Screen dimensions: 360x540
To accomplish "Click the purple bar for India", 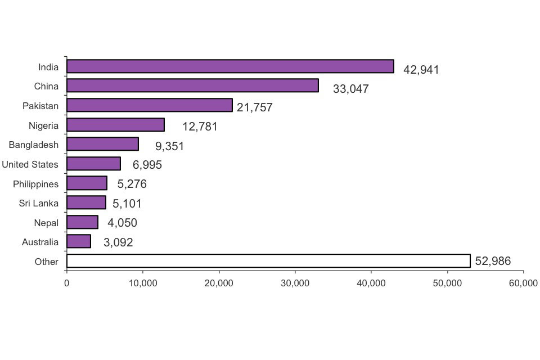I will (230, 66).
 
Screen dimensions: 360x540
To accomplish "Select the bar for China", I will (192, 85).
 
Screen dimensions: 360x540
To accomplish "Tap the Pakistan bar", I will (149, 105).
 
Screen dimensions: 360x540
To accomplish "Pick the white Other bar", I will (268, 261).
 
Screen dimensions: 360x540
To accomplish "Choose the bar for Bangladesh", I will (102, 144).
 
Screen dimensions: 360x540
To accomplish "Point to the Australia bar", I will (79, 241).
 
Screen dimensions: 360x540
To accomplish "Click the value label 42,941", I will (421, 70).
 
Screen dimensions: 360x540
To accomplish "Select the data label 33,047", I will (350, 89).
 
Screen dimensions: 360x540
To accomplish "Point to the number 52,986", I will (493, 261).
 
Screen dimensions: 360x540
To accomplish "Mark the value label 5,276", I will (132, 184).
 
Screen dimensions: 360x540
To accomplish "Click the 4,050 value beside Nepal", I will (122, 223).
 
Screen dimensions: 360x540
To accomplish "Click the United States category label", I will (30, 164).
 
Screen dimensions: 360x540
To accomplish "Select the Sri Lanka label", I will (38, 203).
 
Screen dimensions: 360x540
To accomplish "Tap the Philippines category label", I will (35, 184).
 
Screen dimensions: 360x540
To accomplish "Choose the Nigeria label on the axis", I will (43, 125).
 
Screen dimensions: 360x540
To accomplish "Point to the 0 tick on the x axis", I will (66, 283).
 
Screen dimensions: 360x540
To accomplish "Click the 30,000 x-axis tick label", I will (295, 283).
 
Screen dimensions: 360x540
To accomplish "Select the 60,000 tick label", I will (523, 283).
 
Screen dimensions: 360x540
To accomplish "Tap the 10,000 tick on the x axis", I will (142, 283).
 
